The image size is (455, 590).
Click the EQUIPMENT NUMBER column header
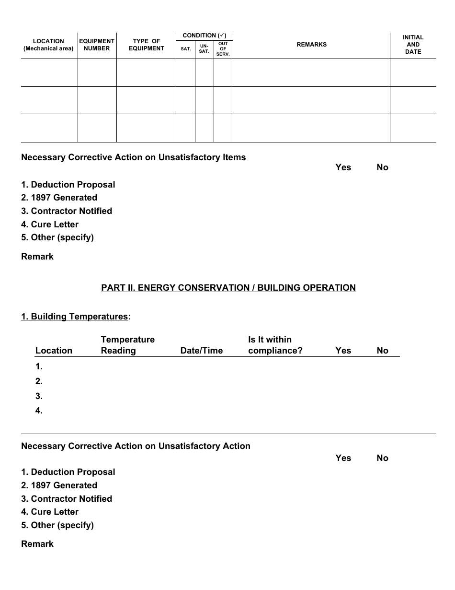[x=97, y=45]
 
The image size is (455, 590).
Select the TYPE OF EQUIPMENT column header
[x=146, y=45]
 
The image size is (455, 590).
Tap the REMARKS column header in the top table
[x=311, y=45]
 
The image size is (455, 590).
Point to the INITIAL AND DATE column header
[x=413, y=45]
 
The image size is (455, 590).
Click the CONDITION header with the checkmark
[x=205, y=35]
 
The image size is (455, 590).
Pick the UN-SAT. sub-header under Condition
[x=204, y=49]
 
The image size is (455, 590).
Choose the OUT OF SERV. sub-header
[x=223, y=49]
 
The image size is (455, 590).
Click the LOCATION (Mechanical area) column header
[x=48, y=45]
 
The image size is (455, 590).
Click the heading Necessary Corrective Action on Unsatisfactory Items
[x=133, y=157]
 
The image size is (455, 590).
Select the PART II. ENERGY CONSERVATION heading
[x=228, y=288]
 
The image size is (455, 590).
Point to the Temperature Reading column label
[x=127, y=345]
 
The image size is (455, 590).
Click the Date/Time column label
[x=201, y=351]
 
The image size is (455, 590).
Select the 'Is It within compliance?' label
[x=275, y=345]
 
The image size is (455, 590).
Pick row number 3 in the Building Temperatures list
[x=39, y=396]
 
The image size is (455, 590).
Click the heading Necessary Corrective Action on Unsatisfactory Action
[x=136, y=446]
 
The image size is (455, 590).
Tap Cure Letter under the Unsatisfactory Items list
[x=50, y=224]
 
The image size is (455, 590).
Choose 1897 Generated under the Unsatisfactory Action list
[x=59, y=485]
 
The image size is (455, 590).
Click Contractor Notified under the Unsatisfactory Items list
[x=67, y=211]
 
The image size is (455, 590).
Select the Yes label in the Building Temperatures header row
[x=343, y=351]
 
